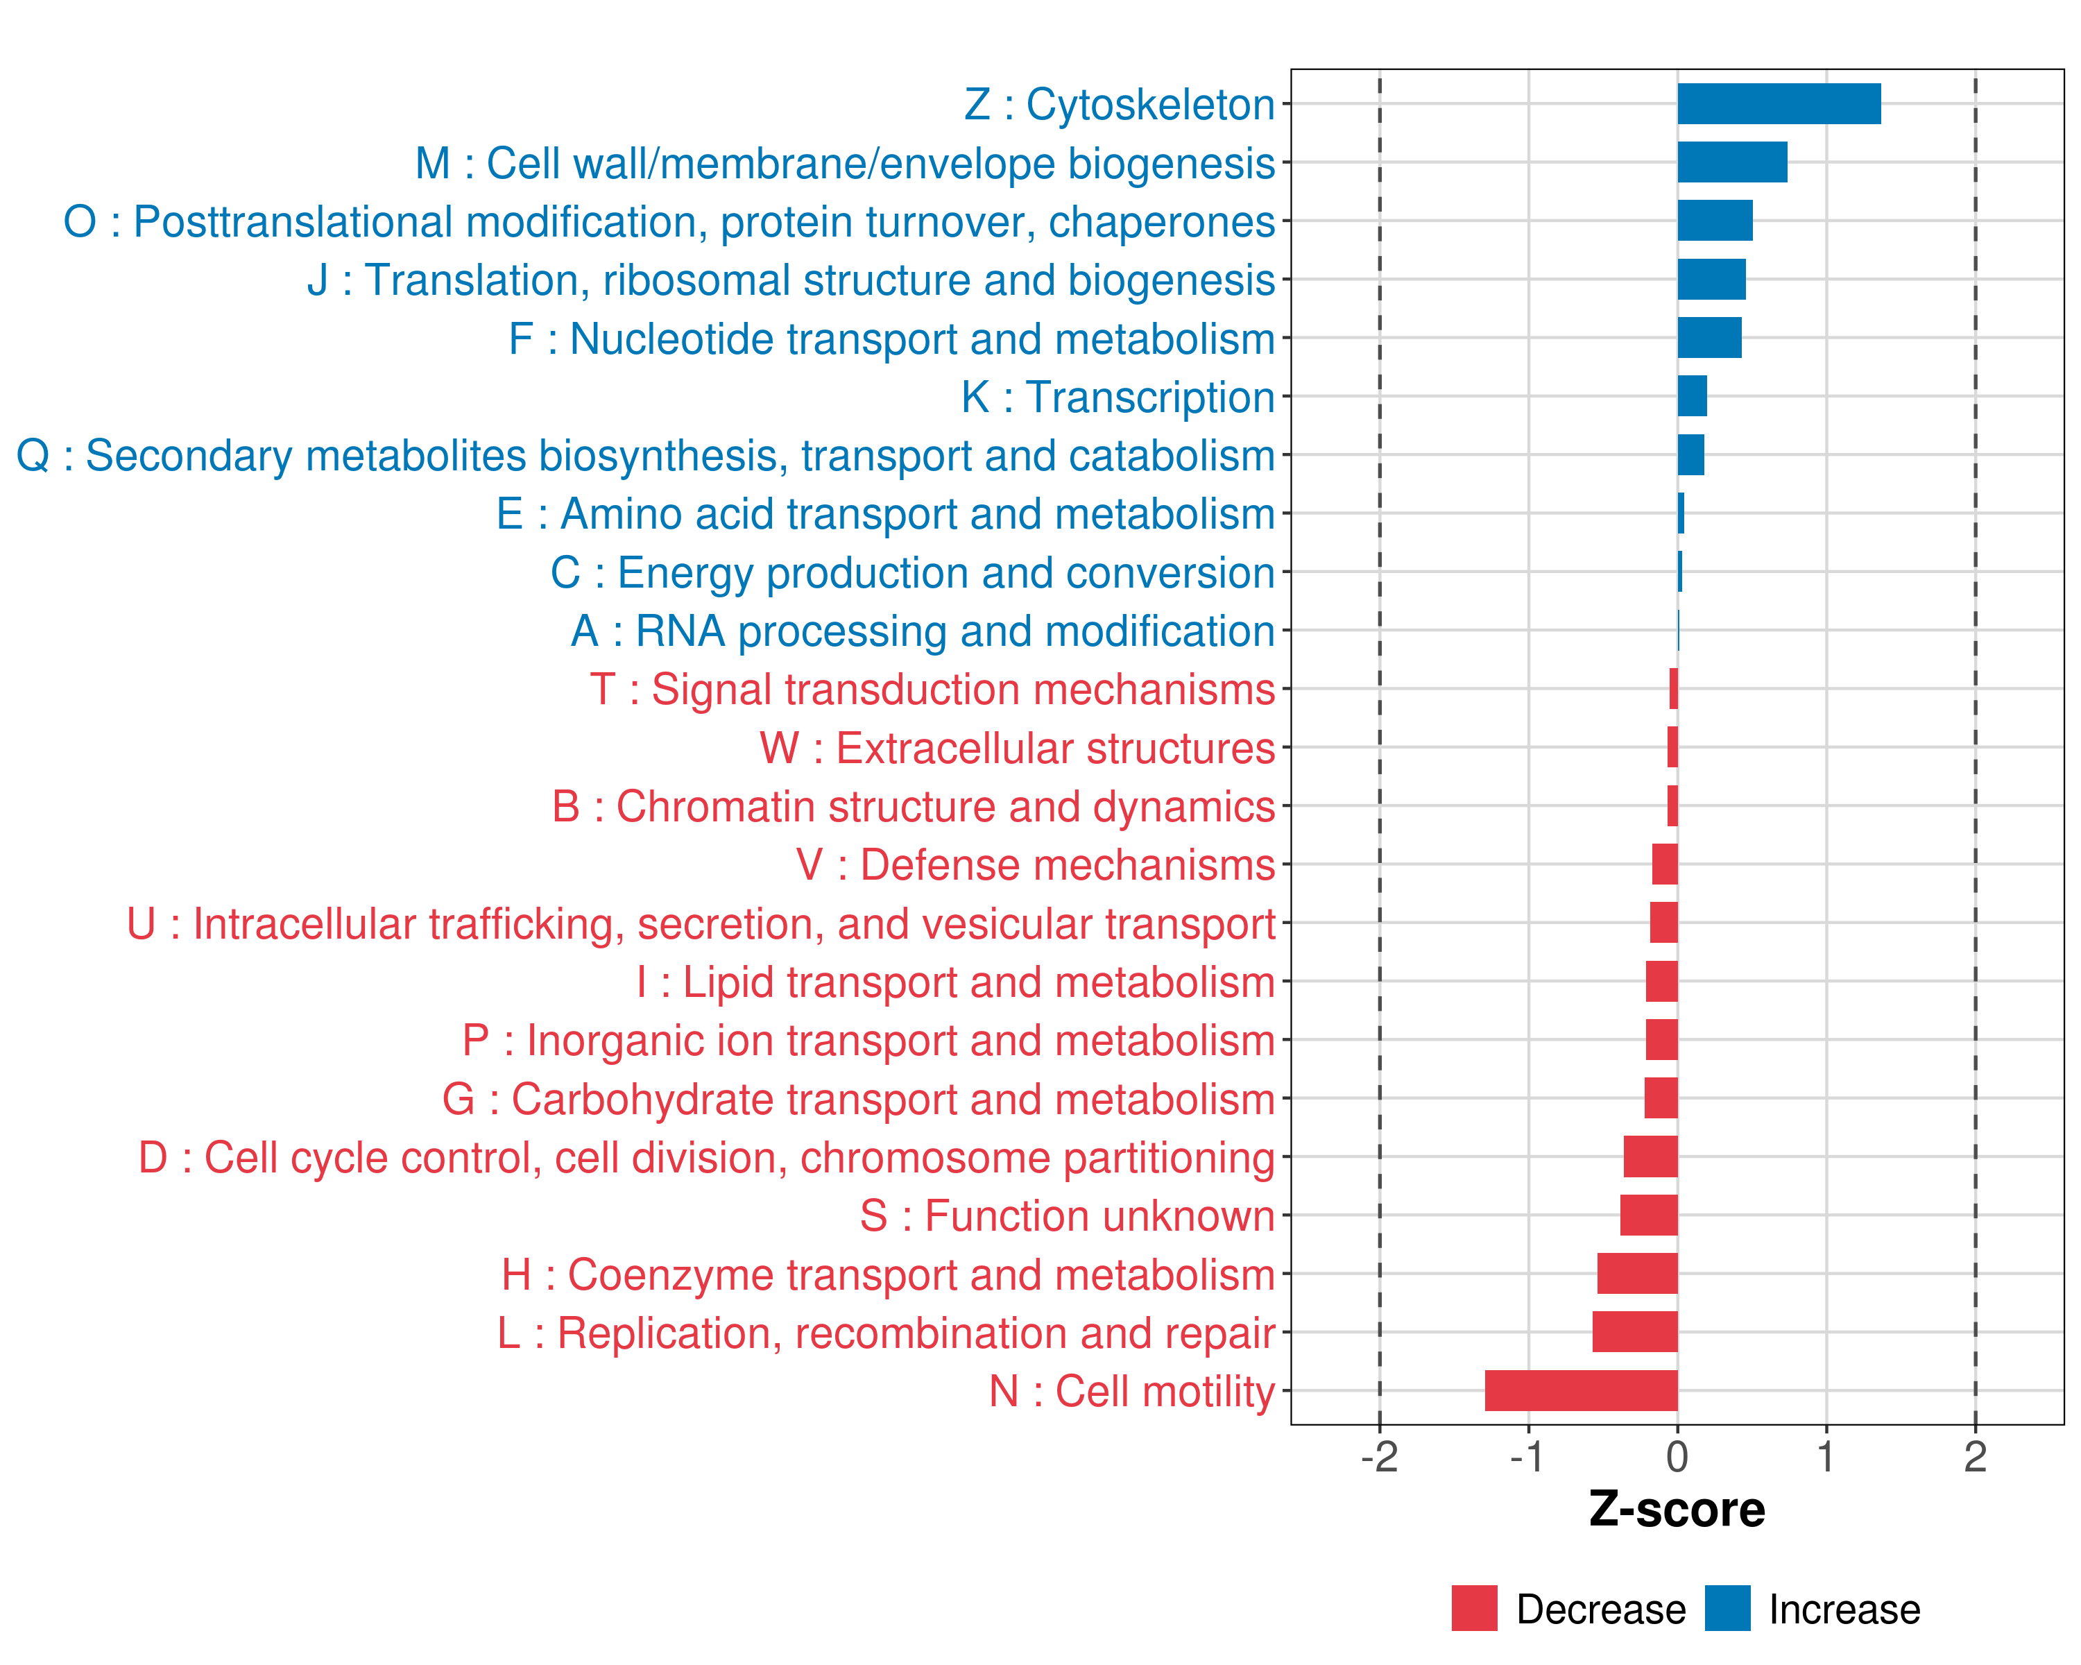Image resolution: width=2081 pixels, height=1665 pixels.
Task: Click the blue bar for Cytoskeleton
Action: [1778, 104]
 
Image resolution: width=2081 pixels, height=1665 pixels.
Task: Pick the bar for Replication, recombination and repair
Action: [1634, 1331]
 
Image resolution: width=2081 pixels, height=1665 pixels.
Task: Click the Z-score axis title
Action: [1677, 1509]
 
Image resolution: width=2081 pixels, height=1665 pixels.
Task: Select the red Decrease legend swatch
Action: [1474, 1608]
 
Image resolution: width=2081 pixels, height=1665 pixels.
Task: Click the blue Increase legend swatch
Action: [1727, 1608]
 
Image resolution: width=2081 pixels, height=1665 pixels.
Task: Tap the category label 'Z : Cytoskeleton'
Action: [1119, 104]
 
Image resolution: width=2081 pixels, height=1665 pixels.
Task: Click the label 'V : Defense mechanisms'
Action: [1035, 865]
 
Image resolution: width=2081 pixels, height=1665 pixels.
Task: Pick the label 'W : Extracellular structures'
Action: [1018, 748]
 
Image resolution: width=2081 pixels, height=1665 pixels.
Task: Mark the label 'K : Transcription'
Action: [1117, 397]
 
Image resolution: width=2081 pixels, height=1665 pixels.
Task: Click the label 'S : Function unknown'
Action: [1068, 1216]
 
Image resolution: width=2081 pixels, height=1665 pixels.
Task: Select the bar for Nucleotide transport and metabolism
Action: [1709, 338]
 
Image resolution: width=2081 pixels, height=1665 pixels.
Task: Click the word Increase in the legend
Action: [1844, 1609]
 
